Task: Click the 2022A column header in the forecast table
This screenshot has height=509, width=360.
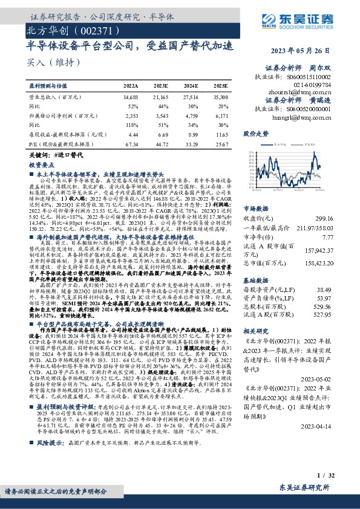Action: (131, 86)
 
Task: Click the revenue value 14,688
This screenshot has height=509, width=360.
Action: (131, 97)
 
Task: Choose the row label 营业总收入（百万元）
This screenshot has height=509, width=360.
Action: (55, 97)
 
